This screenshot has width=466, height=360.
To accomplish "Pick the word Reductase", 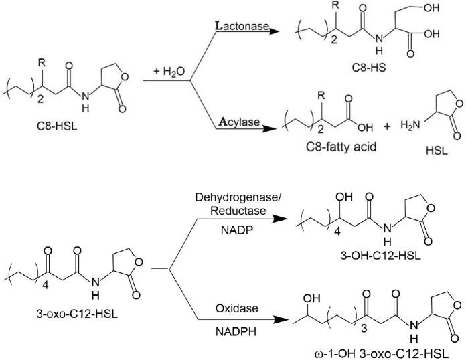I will pyautogui.click(x=235, y=212).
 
